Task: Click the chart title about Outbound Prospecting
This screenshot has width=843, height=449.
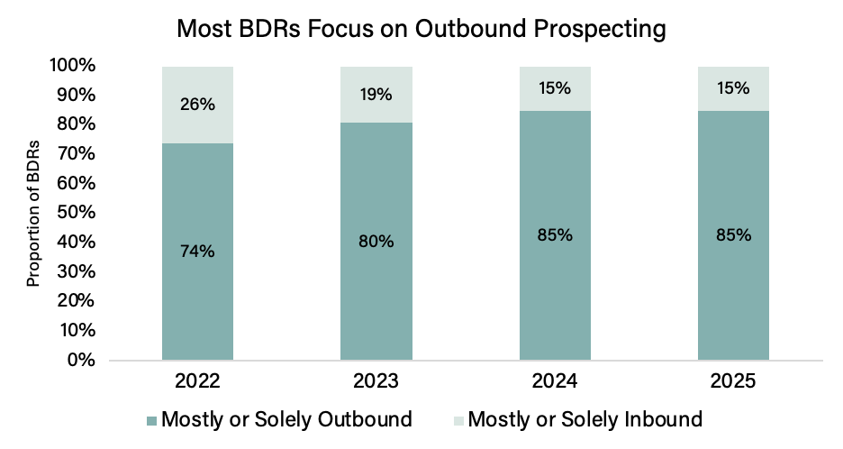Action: point(421,29)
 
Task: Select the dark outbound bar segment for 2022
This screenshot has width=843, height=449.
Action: point(197,252)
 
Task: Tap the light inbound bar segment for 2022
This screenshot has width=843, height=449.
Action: point(197,105)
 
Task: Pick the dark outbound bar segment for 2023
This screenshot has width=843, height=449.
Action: point(376,242)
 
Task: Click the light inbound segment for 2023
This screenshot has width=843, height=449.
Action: point(376,95)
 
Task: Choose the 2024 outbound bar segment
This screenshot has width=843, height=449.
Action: point(555,235)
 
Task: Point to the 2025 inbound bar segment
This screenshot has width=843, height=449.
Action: point(733,89)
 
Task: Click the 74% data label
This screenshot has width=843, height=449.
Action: point(197,251)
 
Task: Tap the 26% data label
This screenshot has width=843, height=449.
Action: point(197,104)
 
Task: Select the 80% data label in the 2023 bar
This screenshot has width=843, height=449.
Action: point(376,242)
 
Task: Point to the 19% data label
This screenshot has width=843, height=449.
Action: point(376,94)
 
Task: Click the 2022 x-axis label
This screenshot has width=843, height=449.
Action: point(197,381)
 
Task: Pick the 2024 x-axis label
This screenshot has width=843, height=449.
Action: point(555,381)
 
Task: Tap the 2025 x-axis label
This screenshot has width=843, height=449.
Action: point(733,381)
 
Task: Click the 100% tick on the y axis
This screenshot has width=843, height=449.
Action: point(73,66)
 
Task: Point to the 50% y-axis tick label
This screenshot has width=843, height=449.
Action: point(77,212)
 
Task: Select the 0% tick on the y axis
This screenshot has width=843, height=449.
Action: point(82,360)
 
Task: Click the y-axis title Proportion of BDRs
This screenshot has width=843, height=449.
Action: point(33,213)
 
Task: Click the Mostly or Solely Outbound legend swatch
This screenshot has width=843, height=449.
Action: point(151,421)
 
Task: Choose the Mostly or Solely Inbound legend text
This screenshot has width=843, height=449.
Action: point(585,419)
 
